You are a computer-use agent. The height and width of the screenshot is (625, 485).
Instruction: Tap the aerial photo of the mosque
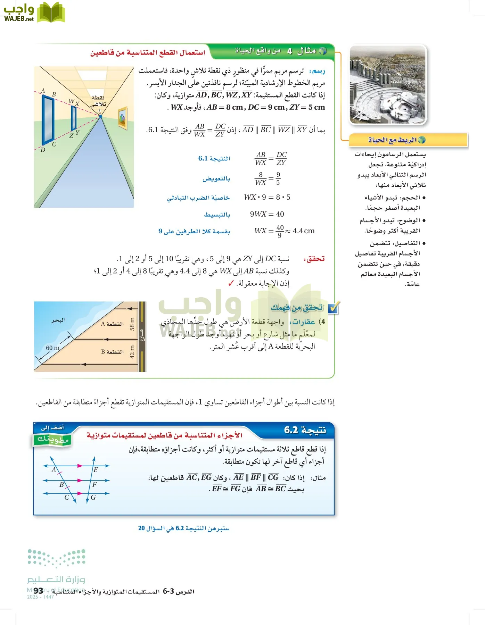coord(387,85)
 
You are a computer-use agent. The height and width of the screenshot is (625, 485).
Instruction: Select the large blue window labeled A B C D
coord(48,119)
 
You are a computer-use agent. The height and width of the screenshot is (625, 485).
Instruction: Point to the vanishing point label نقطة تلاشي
coord(98,101)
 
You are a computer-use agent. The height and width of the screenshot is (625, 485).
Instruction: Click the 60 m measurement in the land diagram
coord(52,348)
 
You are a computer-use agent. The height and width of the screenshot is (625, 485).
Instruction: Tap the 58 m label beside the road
coord(132,324)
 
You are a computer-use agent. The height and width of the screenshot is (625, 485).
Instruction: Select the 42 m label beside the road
coord(132,352)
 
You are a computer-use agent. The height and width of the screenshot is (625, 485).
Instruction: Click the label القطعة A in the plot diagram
coord(112,324)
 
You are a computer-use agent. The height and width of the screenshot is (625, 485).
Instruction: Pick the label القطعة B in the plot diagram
coord(112,352)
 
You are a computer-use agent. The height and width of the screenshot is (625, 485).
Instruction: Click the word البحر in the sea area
coord(58,320)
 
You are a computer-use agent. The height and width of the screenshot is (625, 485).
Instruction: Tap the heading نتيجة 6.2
coord(305,430)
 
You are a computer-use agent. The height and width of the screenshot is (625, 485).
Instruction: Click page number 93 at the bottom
coord(39,591)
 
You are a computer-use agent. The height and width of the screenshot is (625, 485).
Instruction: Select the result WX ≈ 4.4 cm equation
coord(284,231)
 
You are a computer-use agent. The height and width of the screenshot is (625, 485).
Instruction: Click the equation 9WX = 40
coord(267,214)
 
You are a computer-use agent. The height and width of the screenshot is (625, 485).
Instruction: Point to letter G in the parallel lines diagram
coord(93,498)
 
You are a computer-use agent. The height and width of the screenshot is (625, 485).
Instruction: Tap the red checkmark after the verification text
coord(231,284)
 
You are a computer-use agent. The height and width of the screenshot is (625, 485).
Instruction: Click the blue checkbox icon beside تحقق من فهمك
coord(334,308)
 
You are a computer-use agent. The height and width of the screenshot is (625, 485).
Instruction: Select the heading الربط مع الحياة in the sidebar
coord(393,140)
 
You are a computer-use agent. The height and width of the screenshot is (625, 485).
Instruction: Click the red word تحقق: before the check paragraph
coord(314,259)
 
